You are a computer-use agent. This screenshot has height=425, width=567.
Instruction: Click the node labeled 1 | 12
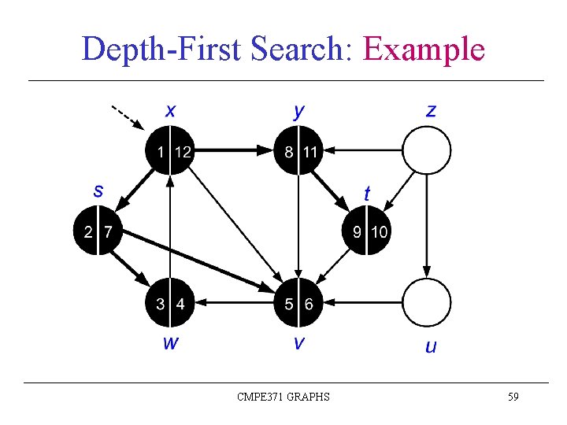click(x=170, y=150)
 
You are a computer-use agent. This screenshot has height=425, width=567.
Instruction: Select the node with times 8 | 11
click(x=298, y=150)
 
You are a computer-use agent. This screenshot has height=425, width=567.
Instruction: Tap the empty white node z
click(x=427, y=150)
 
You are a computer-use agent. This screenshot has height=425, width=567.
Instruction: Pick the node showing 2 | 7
click(x=98, y=232)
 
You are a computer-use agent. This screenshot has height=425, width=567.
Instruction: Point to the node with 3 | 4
click(x=170, y=303)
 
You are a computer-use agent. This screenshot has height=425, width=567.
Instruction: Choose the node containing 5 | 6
click(x=298, y=303)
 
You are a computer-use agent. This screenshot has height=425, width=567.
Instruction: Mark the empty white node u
click(x=427, y=303)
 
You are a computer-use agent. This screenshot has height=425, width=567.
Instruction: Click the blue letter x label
click(x=170, y=110)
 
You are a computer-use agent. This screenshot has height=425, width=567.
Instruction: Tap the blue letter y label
click(x=298, y=111)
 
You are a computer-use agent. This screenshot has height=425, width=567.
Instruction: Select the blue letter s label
click(x=98, y=190)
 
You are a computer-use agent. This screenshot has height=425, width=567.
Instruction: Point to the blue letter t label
click(x=367, y=192)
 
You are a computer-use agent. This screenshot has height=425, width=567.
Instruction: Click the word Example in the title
click(x=424, y=49)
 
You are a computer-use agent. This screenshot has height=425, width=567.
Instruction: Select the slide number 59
click(x=513, y=397)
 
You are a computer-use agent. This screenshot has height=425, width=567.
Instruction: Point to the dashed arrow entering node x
click(x=127, y=117)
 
